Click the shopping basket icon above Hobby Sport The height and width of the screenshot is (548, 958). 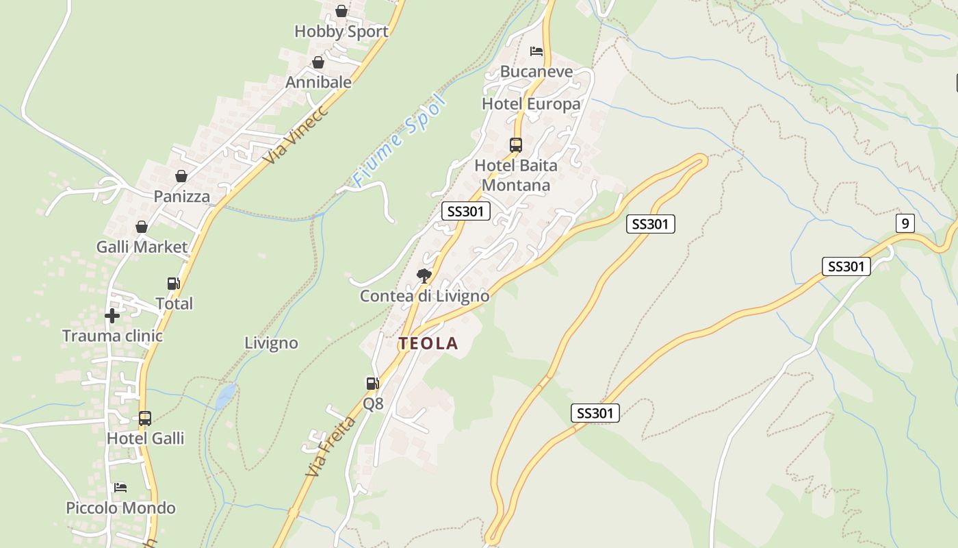pyautogui.click(x=341, y=11)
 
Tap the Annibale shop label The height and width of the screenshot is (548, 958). pyautogui.click(x=318, y=82)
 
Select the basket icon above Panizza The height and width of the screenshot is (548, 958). pyautogui.click(x=181, y=176)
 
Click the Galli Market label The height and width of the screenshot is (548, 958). pyautogui.click(x=142, y=247)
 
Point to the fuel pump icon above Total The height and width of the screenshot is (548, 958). pyautogui.click(x=174, y=283)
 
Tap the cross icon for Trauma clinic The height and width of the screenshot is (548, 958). pyautogui.click(x=112, y=316)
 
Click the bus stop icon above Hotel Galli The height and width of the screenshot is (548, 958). pyautogui.click(x=145, y=418)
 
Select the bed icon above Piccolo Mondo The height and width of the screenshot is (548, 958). pyautogui.click(x=120, y=487)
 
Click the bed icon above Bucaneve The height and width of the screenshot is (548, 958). pyautogui.click(x=536, y=51)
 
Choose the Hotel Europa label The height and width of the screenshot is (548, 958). pyautogui.click(x=531, y=104)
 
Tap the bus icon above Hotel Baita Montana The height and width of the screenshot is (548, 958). pyautogui.click(x=516, y=145)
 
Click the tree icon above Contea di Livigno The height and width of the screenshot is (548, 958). pyautogui.click(x=424, y=276)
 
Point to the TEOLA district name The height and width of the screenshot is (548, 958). pyautogui.click(x=428, y=344)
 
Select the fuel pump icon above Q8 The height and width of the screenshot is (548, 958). pyautogui.click(x=372, y=384)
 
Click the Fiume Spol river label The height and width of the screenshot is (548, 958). pyautogui.click(x=400, y=142)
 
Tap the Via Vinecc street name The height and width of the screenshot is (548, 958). pyautogui.click(x=296, y=134)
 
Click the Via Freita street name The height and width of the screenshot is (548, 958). pyautogui.click(x=331, y=447)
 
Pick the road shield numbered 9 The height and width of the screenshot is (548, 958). pyautogui.click(x=905, y=223)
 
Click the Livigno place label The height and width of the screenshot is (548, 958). pyautogui.click(x=271, y=343)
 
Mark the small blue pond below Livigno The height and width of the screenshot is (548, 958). pyautogui.click(x=225, y=396)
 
